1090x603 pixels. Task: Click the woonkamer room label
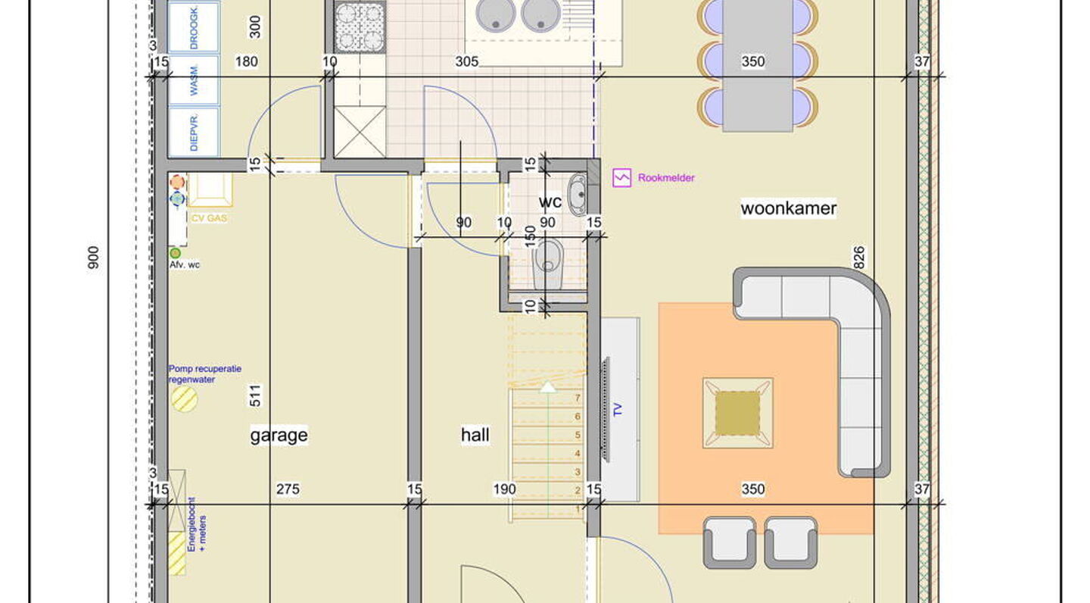(x=788, y=208)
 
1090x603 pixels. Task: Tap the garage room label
(x=279, y=435)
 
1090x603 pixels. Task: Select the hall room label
(x=475, y=435)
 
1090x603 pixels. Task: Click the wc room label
(x=550, y=202)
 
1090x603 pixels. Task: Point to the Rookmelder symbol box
(x=621, y=177)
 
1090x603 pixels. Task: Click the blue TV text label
(x=618, y=411)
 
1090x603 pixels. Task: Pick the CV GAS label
(x=210, y=218)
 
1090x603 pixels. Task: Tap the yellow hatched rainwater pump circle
(x=184, y=398)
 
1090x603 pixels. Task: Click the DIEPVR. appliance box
(x=194, y=131)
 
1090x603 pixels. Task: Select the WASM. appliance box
(x=194, y=80)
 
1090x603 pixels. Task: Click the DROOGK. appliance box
(x=194, y=27)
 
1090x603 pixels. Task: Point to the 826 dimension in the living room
(x=859, y=258)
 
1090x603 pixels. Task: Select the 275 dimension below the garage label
(x=287, y=489)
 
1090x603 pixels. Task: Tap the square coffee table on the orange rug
(x=737, y=414)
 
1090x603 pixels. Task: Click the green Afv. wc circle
(x=175, y=253)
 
